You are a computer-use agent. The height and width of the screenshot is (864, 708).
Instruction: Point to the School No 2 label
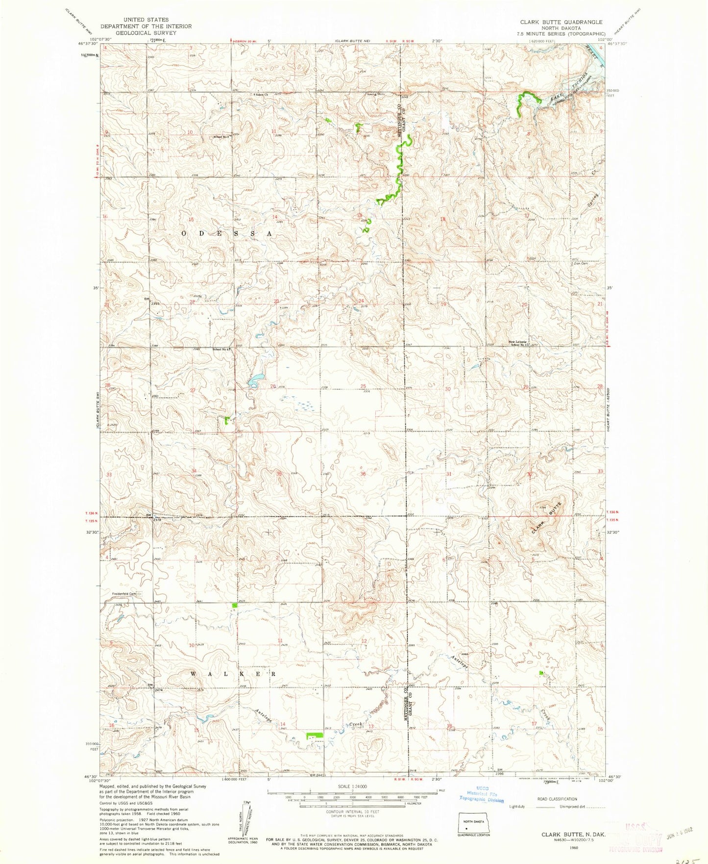pyautogui.click(x=221, y=137)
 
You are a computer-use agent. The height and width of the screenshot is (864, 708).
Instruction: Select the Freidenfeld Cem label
pyautogui.click(x=122, y=595)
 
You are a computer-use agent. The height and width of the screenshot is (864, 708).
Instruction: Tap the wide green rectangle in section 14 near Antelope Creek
pyautogui.click(x=314, y=736)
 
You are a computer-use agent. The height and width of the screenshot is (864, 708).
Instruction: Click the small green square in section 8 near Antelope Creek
pyautogui.click(x=541, y=673)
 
